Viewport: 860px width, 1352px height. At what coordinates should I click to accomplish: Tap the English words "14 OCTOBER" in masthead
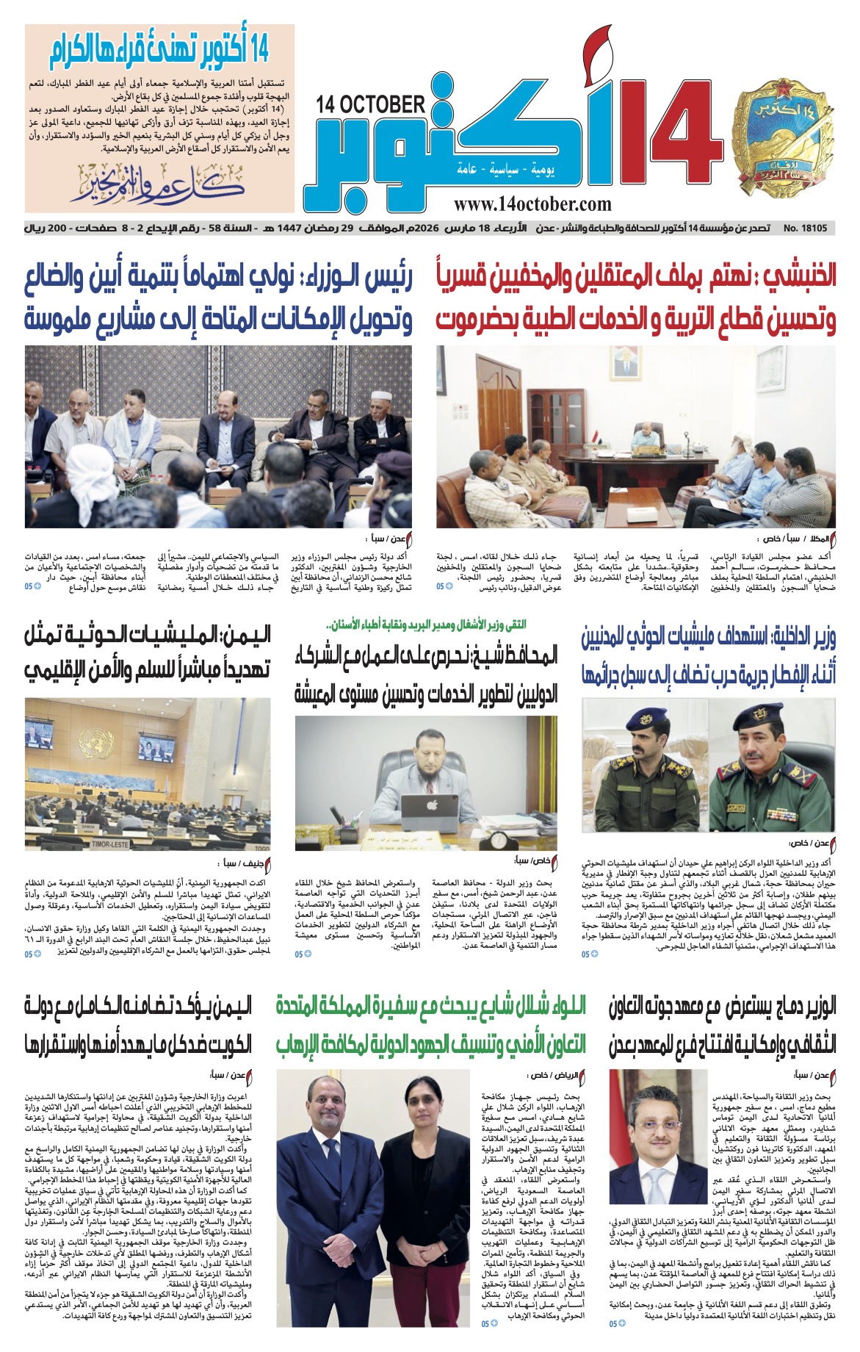[371, 105]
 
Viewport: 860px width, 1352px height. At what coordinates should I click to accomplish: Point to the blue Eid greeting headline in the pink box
[160, 51]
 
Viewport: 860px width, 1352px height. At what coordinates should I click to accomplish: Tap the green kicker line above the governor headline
[427, 625]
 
